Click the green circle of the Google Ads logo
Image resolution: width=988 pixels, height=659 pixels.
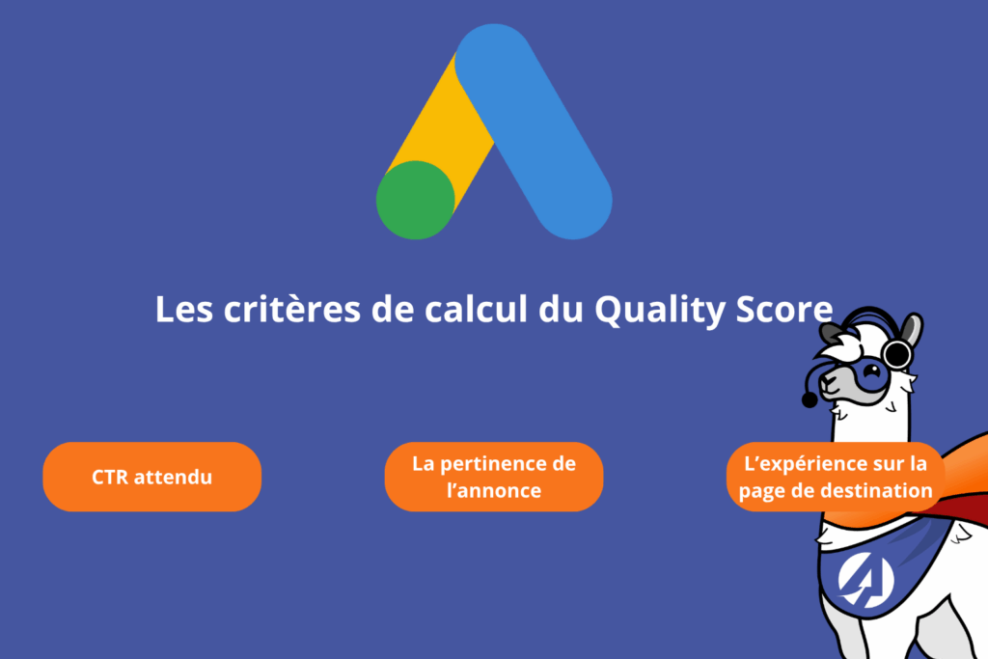(415, 200)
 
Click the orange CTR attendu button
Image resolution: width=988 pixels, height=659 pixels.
(152, 477)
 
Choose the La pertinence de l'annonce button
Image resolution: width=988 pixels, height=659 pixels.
(494, 477)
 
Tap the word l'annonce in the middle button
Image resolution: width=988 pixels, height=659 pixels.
(494, 490)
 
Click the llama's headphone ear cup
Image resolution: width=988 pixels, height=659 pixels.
(897, 355)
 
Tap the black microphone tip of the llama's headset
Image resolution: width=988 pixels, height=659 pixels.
(810, 399)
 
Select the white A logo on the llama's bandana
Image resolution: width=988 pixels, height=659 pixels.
(865, 580)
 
